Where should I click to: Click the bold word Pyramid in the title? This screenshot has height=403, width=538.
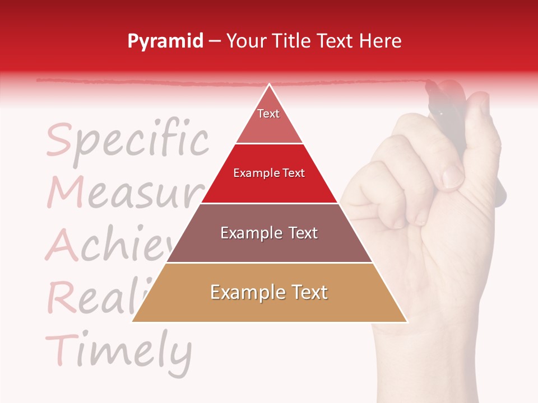pos(165,41)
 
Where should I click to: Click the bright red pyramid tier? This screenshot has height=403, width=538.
pos(269,174)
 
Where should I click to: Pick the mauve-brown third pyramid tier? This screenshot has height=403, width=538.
pos(269,233)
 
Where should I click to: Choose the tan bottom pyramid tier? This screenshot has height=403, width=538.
pos(269,293)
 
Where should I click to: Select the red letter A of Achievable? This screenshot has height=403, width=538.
pos(62,246)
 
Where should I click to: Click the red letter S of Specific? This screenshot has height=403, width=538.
pos(59,140)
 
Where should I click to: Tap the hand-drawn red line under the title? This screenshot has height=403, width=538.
pos(168,82)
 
